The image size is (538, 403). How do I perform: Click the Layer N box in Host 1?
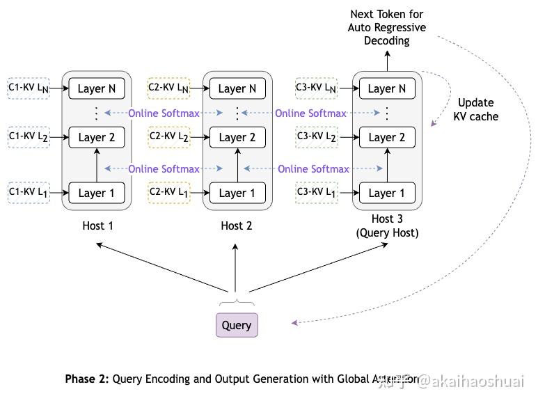coord(97,88)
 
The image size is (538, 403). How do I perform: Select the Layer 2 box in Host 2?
coord(237,137)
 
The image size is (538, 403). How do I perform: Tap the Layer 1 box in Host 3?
coord(387,193)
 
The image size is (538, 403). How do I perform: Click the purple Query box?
coord(237,325)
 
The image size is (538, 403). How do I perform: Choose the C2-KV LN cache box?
coord(168,88)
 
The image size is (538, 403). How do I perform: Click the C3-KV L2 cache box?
coord(317,137)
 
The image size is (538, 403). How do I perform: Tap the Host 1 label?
coord(97,226)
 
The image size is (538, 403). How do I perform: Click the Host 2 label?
coord(237,226)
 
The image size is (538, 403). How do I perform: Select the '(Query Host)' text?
coord(387,233)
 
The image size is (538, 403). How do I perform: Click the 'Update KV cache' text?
coord(476,110)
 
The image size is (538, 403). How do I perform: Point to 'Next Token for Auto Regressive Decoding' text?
coord(387,27)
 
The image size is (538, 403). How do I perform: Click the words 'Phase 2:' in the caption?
coord(87,379)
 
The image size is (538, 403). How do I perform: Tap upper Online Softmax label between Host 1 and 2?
coord(164,113)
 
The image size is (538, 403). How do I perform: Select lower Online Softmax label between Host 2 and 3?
coord(313,169)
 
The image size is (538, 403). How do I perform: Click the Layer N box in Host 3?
coord(387,88)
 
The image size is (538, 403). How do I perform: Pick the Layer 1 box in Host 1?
coord(97,193)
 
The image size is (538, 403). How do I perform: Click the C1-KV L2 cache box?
coord(29,137)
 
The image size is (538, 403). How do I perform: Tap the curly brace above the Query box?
coord(237,303)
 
